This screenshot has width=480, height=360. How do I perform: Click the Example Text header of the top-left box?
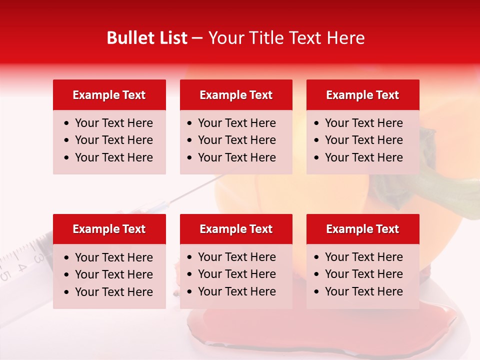[x=109, y=95]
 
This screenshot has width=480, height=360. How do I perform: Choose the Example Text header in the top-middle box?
[x=236, y=95]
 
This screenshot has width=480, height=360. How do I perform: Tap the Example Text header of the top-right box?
[x=362, y=95]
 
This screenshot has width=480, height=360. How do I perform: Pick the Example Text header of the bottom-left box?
[x=109, y=229]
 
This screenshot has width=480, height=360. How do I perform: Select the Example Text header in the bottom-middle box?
[x=236, y=229]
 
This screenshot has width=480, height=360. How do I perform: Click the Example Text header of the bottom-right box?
[x=362, y=229]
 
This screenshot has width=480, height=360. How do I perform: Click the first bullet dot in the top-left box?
[x=67, y=123]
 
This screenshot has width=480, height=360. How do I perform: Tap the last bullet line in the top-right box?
[x=363, y=157]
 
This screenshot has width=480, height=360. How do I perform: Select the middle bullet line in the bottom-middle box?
[x=236, y=274]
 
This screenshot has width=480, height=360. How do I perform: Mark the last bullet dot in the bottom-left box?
[x=67, y=292]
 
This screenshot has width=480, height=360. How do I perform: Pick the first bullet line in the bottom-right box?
[x=363, y=257]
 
